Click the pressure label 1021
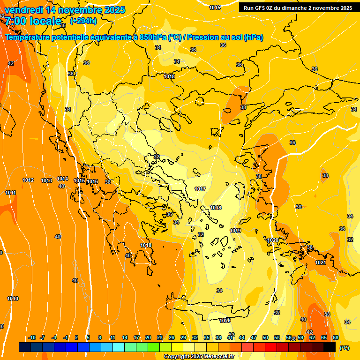(x=321, y=262)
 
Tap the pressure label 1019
(x=235, y=231)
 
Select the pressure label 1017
(x=200, y=189)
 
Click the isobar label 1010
(x=13, y=299)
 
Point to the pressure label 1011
(x=10, y=193)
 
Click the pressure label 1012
(x=28, y=180)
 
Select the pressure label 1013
(x=46, y=180)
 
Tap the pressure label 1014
(x=62, y=179)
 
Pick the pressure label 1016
(x=92, y=181)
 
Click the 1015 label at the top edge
(x=215, y=7)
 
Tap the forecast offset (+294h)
(x=83, y=21)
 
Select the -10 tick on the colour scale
(x=32, y=337)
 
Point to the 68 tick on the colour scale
(x=336, y=337)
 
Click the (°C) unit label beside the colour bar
(x=344, y=348)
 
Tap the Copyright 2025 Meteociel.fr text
(x=199, y=356)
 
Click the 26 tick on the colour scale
(x=172, y=337)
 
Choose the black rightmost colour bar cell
(x=330, y=347)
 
